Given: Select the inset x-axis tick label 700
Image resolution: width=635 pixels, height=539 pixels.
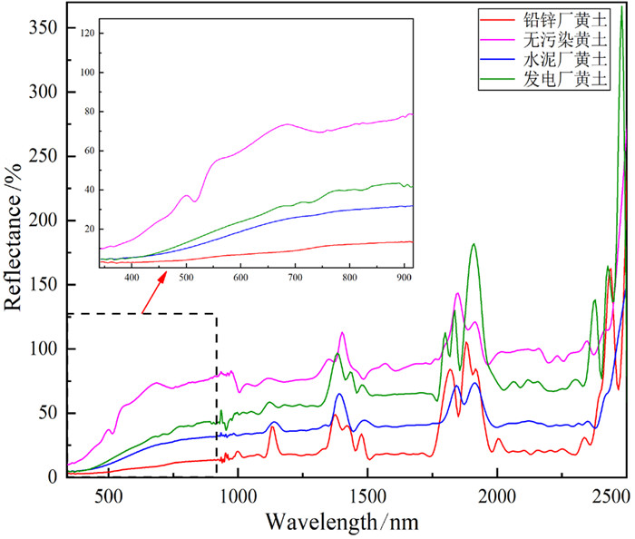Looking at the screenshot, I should (x=295, y=277).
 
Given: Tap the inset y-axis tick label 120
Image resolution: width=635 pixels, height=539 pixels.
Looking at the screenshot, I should (x=87, y=34).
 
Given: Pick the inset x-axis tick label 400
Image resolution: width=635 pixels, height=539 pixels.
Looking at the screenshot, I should (x=132, y=277).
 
